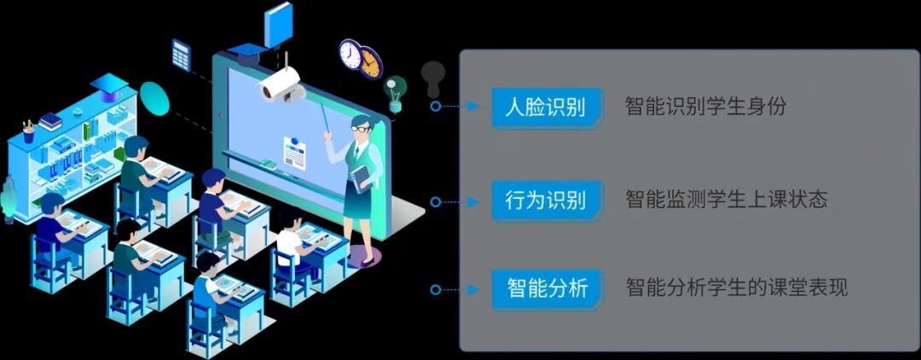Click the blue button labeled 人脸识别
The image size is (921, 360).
point(546,107)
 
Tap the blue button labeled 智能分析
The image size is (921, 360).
point(546,288)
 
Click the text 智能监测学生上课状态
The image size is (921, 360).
point(726,200)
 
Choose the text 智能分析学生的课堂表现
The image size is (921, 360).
point(736,288)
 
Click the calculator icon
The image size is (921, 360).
point(182,55)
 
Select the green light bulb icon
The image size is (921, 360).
point(395,91)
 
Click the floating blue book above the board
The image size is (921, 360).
point(278,24)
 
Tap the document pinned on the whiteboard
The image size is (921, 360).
point(295,152)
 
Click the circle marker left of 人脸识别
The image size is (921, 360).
point(436,107)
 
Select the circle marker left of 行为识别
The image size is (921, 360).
point(436,201)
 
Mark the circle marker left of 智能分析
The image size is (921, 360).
point(436,289)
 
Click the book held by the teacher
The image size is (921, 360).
point(362,176)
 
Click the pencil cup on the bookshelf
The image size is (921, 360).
point(29,133)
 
